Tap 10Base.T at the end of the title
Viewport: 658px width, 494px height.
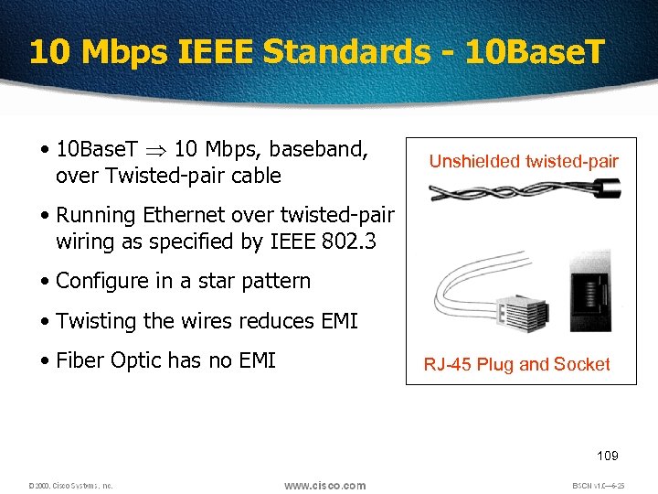pyautogui.click(x=535, y=51)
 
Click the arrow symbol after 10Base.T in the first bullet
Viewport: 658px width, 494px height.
pyautogui.click(x=155, y=148)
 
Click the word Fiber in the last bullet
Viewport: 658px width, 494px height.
pyautogui.click(x=80, y=360)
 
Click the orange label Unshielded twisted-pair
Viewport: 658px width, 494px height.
pyautogui.click(x=524, y=162)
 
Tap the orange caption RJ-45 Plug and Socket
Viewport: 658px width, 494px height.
pyautogui.click(x=516, y=364)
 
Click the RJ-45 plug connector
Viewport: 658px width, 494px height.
pyautogui.click(x=525, y=317)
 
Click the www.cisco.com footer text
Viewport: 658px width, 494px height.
pyautogui.click(x=324, y=485)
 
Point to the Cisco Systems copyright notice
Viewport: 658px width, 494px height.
pyautogui.click(x=70, y=486)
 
